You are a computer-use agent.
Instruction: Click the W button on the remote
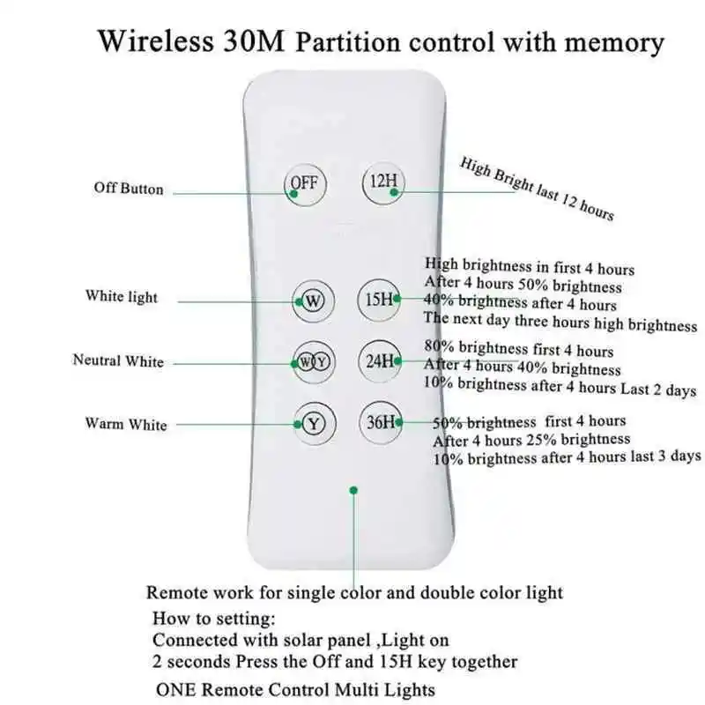[x=314, y=300]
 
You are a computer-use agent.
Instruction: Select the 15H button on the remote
[x=382, y=299]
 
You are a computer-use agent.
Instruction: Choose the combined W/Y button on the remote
[x=314, y=361]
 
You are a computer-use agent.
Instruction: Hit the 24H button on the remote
[x=382, y=360]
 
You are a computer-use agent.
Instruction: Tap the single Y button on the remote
[x=314, y=423]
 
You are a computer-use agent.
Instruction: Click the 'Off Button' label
[x=129, y=188]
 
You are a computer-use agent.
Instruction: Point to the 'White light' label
[x=122, y=296]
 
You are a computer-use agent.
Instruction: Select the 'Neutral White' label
[x=118, y=360]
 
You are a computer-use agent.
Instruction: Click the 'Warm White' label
[x=125, y=424]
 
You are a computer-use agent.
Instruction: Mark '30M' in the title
[x=251, y=41]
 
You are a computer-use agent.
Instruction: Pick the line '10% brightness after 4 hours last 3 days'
[x=567, y=457]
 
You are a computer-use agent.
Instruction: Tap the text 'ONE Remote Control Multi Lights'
[x=294, y=689]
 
